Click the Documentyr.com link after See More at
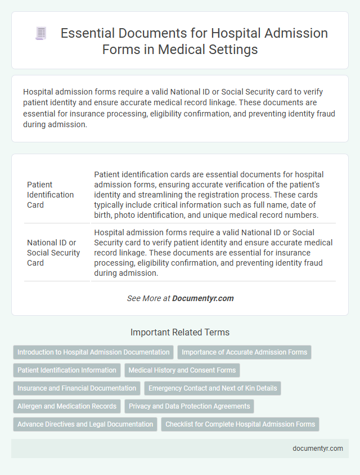[x=203, y=298]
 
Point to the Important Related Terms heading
[x=180, y=332]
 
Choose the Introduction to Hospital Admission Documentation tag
[x=93, y=352]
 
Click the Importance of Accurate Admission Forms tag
[x=244, y=352]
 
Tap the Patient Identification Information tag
[x=67, y=370]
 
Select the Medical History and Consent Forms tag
[x=182, y=370]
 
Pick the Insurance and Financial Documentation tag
[x=76, y=388]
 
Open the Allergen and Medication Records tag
[x=67, y=406]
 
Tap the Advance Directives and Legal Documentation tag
[x=85, y=424]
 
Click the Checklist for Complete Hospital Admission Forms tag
[x=240, y=424]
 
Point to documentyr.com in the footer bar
[x=317, y=449]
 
